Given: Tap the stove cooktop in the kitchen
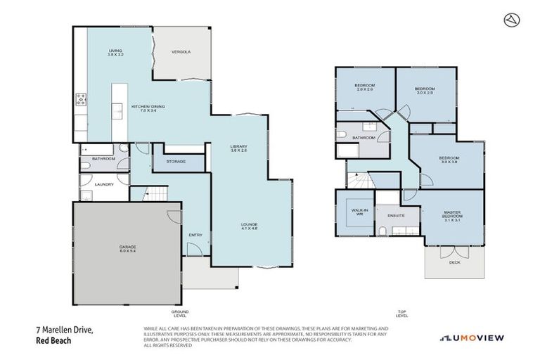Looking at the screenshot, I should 80,99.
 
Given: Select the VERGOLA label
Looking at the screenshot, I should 181,52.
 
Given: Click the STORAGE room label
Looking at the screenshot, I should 176,162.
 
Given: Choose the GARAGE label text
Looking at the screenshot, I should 127,248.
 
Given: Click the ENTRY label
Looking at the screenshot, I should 195,235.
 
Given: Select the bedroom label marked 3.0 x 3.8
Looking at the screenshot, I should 448,160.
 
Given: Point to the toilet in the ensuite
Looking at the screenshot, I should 380,231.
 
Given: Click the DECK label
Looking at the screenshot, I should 455,262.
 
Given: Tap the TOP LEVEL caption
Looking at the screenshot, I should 402,313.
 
